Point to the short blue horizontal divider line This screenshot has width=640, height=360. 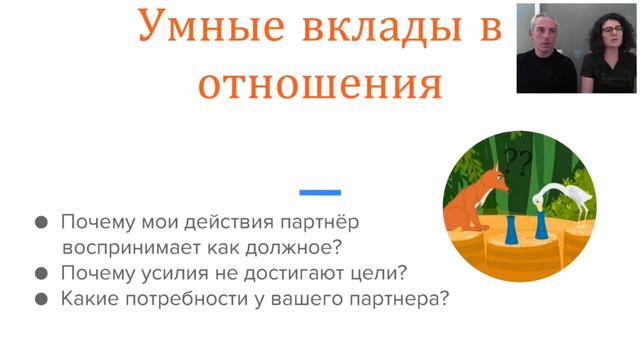pyautogui.click(x=320, y=192)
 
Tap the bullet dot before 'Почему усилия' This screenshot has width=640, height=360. pyautogui.click(x=41, y=273)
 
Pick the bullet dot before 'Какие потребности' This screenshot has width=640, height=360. pyautogui.click(x=41, y=298)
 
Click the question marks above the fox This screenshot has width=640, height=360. pyautogui.click(x=517, y=160)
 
